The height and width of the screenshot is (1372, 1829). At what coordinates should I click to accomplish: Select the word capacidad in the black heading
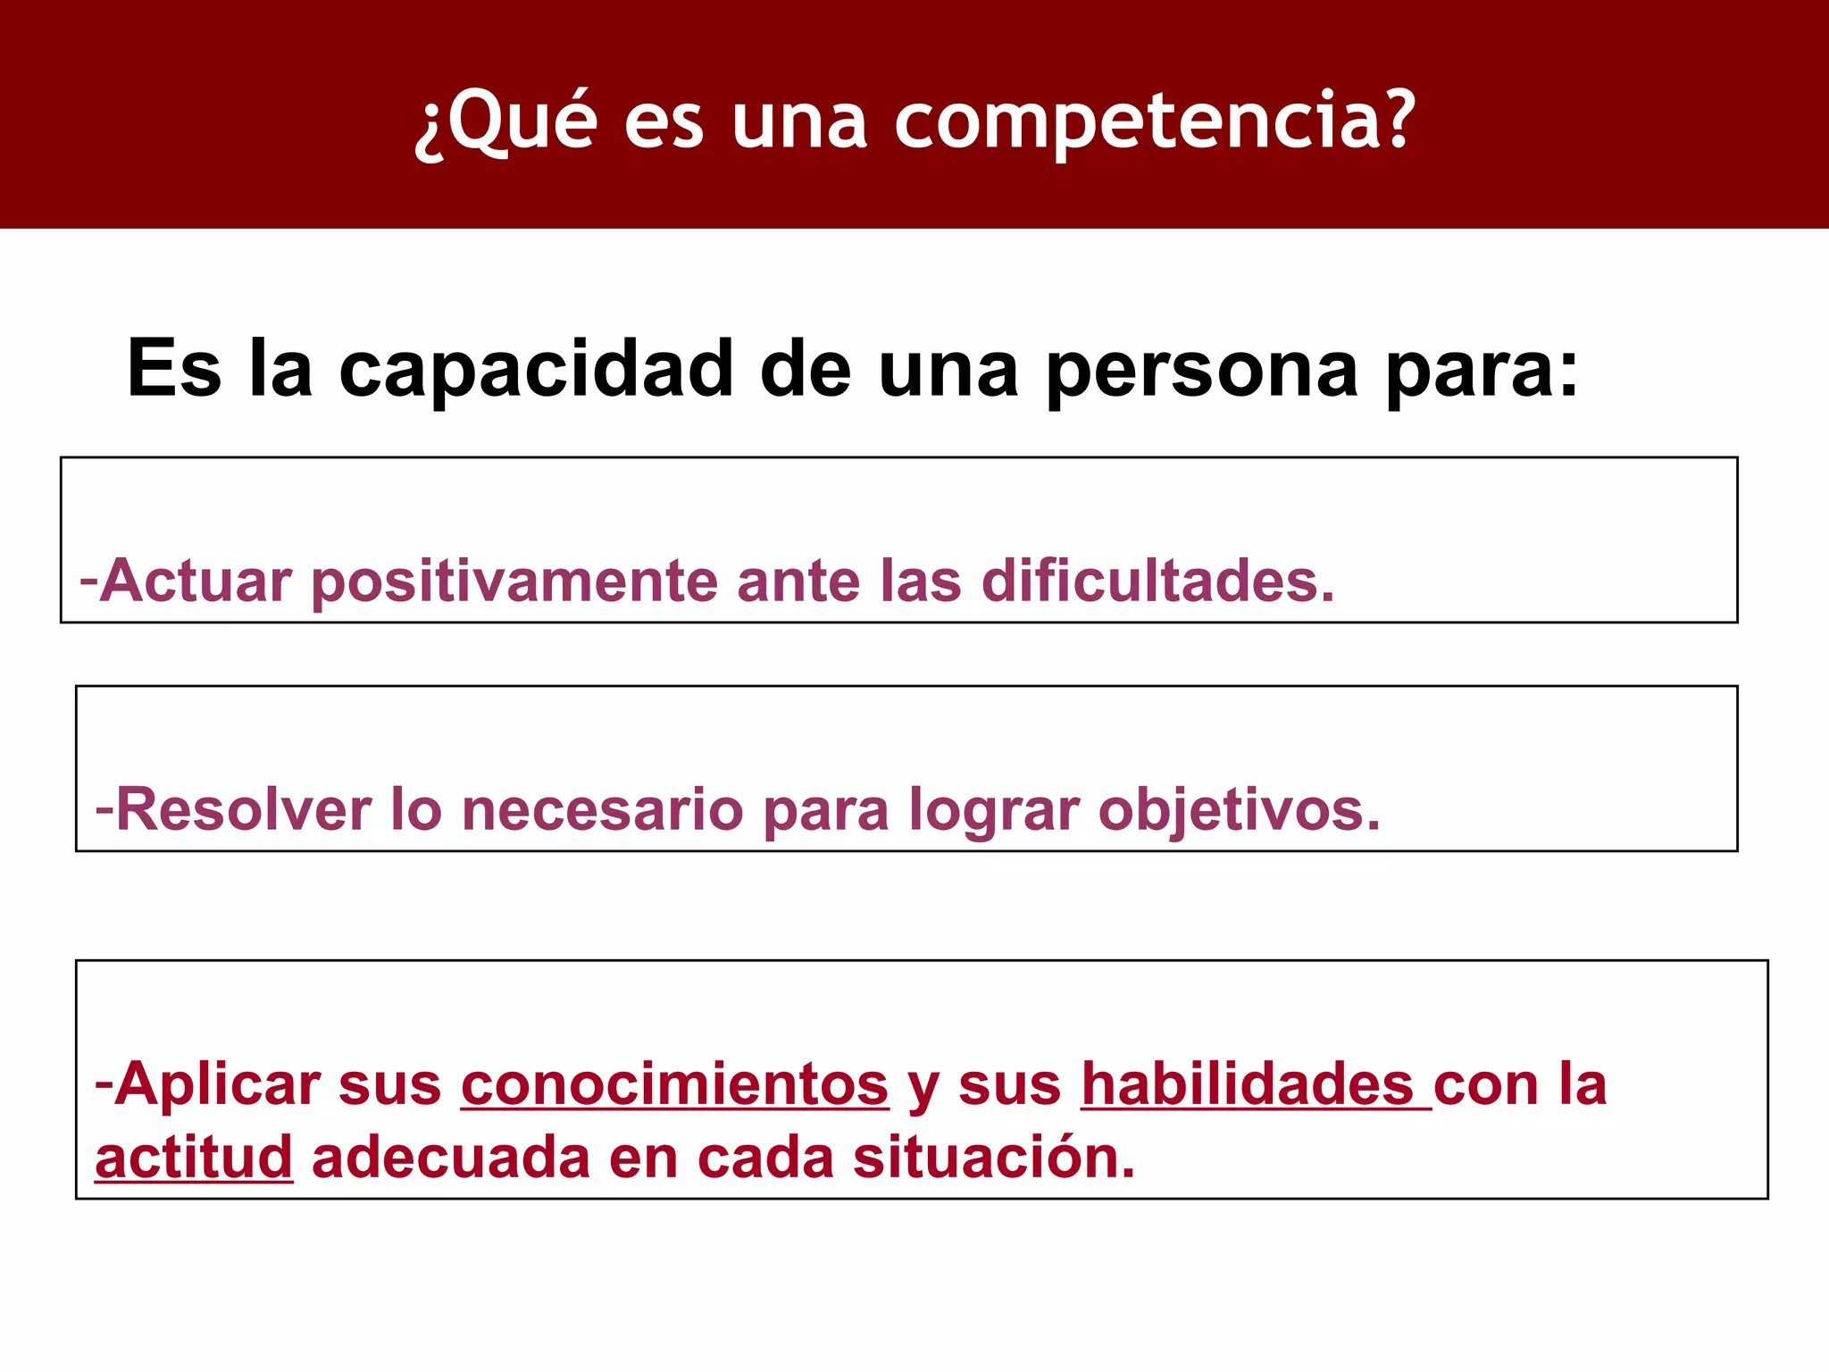click(x=536, y=370)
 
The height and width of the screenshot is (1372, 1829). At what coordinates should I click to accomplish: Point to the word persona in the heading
click(x=1201, y=372)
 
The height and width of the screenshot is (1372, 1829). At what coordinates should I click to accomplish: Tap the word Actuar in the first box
click(x=196, y=581)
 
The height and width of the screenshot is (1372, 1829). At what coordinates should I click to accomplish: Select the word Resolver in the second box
click(x=244, y=810)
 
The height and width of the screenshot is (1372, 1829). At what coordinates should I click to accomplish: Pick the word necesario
click(x=603, y=810)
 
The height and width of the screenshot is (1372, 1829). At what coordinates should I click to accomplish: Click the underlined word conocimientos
click(x=675, y=1085)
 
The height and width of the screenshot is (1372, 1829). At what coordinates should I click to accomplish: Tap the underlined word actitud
click(x=194, y=1158)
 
